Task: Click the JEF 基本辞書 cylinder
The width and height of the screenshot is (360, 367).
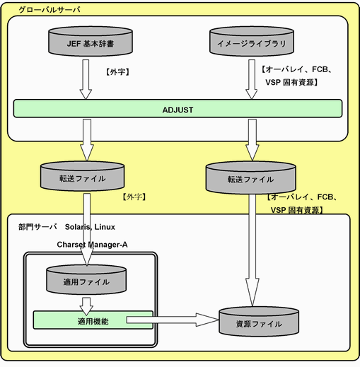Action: pos(91,41)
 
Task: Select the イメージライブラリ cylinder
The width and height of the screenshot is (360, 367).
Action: pos(252,41)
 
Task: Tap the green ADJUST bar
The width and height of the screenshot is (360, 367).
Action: pos(178,108)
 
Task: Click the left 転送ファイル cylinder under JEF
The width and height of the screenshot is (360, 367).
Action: pos(82,176)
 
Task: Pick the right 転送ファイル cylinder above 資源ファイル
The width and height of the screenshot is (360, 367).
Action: pos(250,177)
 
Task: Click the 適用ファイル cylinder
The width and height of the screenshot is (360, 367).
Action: pos(86,280)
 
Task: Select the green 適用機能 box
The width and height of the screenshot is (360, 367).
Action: pos(93,320)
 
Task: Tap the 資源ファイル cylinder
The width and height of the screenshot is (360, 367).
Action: pos(259,322)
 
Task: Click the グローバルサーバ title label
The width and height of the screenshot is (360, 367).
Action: pos(50,10)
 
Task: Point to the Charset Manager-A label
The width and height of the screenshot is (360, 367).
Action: pos(92,245)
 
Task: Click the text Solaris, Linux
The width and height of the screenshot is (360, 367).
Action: pos(90,227)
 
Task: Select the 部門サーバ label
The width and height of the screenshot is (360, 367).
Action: pos(37,227)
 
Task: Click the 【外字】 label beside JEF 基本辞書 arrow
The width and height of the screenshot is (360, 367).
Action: pos(117,71)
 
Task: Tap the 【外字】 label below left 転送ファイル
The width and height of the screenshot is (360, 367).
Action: pos(134,197)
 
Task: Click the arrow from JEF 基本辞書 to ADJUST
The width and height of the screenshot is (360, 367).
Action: pos(86,79)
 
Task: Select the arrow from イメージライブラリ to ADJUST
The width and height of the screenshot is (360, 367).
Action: pos(252,79)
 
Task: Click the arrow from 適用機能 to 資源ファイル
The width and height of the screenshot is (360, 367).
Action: pos(173,320)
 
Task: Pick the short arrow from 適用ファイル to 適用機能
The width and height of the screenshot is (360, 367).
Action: pos(86,306)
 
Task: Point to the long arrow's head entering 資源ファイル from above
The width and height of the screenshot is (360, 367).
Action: pos(252,292)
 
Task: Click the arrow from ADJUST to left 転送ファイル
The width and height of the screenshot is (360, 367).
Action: pos(87,140)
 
